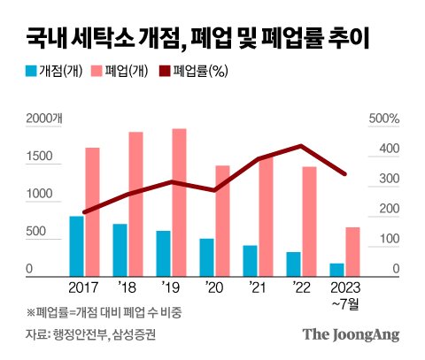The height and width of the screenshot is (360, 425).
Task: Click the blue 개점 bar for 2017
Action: [76, 246]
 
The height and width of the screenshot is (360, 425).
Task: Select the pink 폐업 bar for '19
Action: [180, 203]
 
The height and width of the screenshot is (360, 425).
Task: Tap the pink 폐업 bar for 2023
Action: [352, 252]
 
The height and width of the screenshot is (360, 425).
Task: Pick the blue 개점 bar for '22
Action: [293, 264]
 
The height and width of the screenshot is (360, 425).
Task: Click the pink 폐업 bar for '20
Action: [223, 221]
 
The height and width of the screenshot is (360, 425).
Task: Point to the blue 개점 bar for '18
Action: [120, 250]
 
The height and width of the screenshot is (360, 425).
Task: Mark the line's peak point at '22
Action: [301, 145]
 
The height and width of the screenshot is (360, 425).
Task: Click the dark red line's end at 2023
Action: [344, 174]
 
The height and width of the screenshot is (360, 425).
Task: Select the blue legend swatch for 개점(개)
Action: [31, 71]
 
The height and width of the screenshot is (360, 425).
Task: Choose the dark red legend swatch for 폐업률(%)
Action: [165, 71]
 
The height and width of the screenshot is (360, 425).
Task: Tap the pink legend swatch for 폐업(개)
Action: [97, 71]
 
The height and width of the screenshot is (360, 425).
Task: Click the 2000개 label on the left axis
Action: [44, 119]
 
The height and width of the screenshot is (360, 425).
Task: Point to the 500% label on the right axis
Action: [384, 119]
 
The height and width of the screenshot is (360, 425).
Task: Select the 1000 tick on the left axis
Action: [39, 194]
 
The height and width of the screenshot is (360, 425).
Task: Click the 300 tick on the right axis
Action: [390, 179]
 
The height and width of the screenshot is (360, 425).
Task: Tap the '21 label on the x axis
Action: [257, 287]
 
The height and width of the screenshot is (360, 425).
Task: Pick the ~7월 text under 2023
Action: [345, 304]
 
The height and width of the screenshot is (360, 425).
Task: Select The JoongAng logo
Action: [351, 335]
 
